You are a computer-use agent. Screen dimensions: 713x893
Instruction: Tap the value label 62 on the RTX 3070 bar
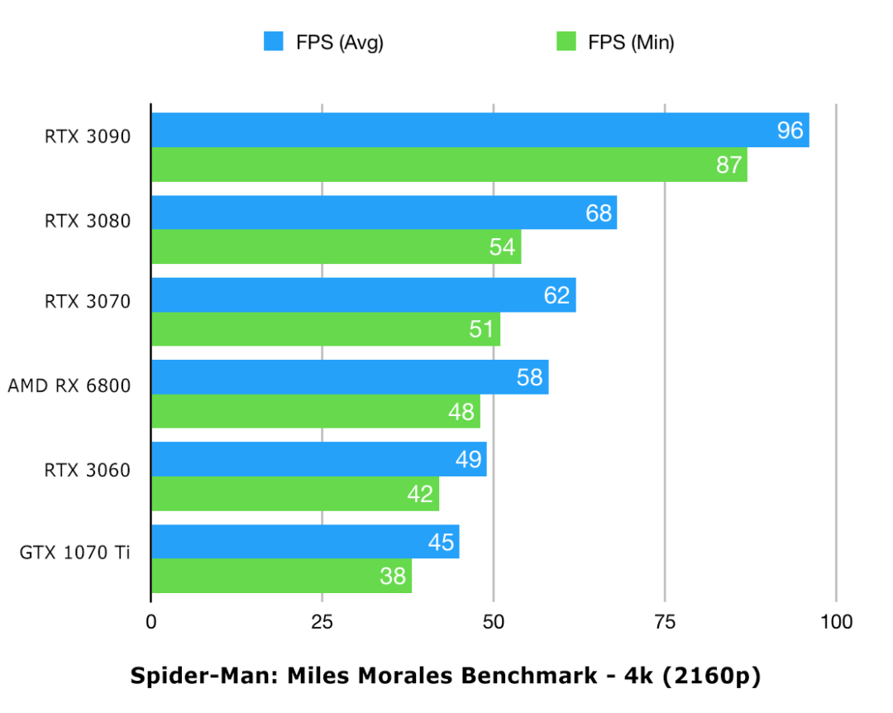point(556,295)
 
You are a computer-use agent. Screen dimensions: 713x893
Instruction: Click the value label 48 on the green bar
point(461,411)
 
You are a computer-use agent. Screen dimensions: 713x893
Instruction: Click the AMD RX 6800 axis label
point(69,385)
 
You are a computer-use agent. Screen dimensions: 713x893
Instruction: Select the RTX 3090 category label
point(88,137)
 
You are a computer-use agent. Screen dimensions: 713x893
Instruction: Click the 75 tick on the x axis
point(665,622)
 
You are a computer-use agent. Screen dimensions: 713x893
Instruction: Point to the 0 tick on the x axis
point(150,622)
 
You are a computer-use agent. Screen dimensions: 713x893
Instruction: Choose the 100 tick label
point(836,622)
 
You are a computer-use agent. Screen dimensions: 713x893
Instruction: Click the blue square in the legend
point(274,41)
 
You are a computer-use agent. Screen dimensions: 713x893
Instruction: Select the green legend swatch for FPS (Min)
point(566,41)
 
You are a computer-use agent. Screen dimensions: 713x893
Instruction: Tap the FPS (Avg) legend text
point(339,42)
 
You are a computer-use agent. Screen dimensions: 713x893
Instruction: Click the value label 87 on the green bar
point(728,165)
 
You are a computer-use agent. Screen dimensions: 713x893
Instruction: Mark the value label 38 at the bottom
point(393,576)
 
